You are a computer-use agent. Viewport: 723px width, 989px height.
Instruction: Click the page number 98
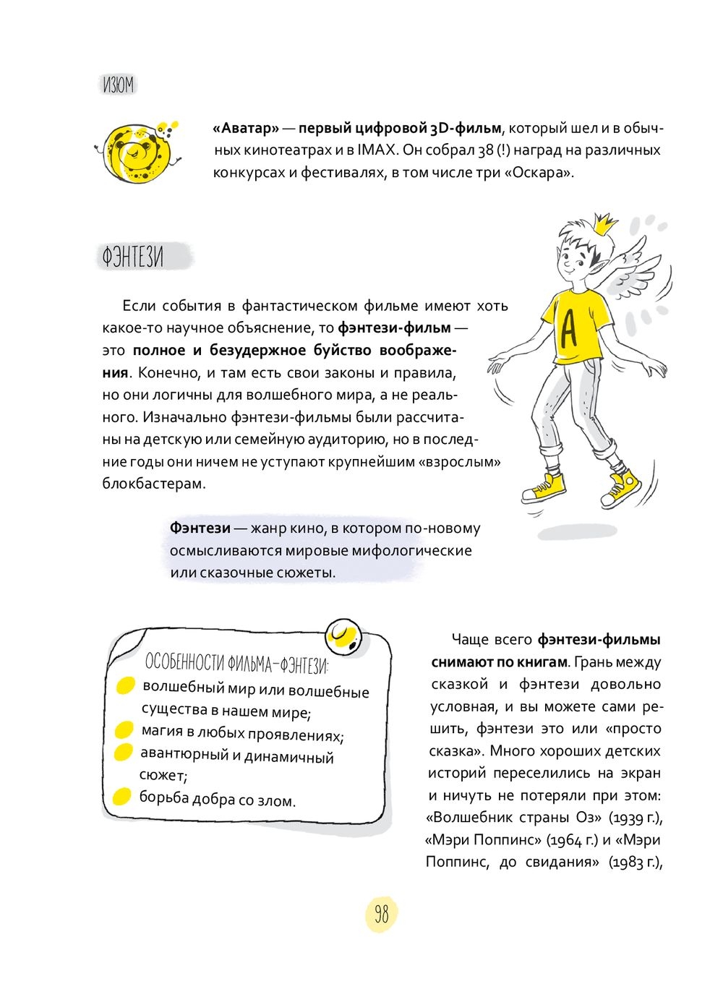click(381, 914)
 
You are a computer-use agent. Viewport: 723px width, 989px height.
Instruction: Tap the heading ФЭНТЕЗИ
click(133, 257)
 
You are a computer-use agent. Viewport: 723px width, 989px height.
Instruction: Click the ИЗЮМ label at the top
click(118, 85)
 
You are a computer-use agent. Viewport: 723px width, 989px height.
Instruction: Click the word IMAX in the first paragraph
click(376, 150)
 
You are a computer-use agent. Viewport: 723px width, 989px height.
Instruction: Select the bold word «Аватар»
click(246, 129)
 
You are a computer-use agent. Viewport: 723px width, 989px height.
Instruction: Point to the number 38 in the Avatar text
click(487, 150)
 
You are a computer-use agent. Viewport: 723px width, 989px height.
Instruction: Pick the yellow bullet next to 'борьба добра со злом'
click(121, 797)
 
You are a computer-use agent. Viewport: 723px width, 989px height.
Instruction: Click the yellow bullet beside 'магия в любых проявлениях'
click(124, 730)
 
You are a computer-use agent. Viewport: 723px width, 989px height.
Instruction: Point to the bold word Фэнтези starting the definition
click(200, 528)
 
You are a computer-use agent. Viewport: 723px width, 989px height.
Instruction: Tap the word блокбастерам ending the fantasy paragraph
click(154, 484)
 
